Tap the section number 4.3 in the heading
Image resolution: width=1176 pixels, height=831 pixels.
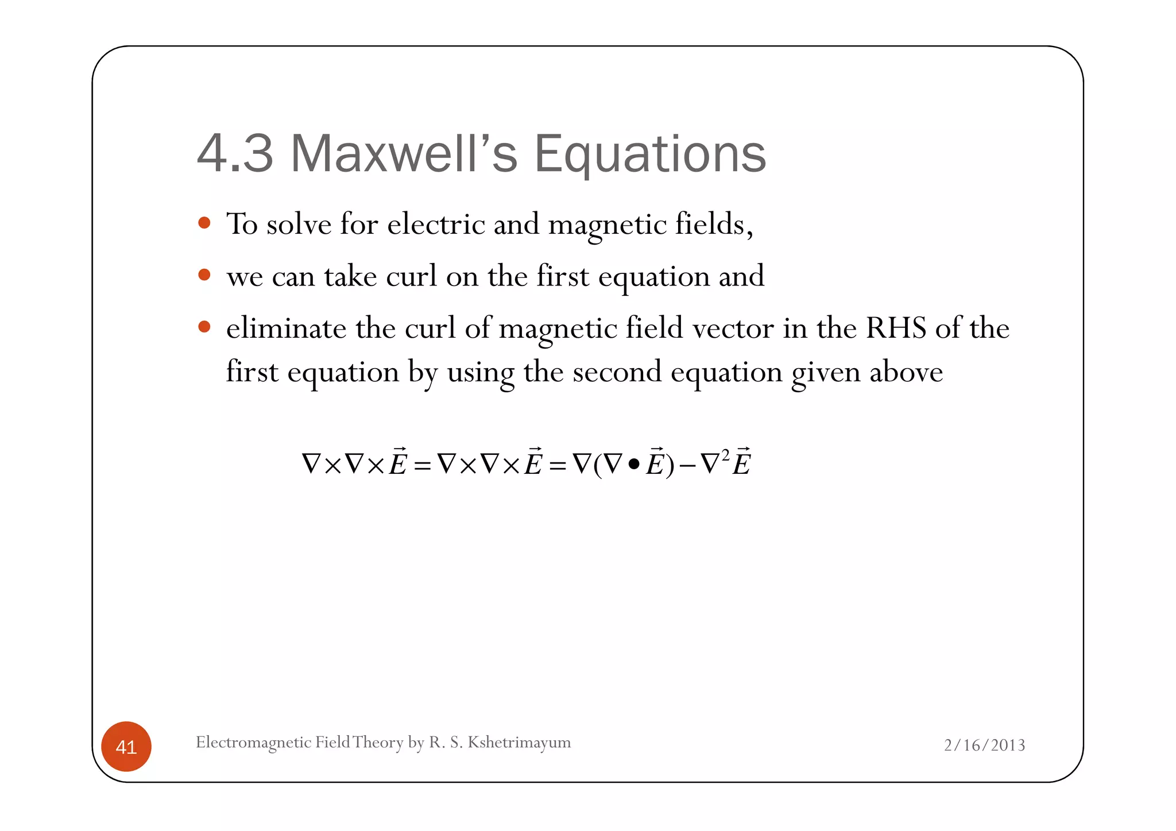pos(235,154)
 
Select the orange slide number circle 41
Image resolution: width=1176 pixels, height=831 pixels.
pos(126,747)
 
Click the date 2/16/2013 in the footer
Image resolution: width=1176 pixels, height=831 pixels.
pos(984,745)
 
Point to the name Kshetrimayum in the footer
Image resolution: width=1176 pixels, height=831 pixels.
pos(519,743)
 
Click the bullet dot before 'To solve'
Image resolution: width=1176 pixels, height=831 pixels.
pos(204,223)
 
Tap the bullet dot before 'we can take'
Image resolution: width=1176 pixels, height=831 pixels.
pos(204,275)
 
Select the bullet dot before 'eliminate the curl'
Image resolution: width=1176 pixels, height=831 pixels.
pos(204,327)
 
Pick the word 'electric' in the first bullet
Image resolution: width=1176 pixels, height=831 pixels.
pos(436,224)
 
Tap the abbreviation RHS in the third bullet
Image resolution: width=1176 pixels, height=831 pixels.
pos(896,328)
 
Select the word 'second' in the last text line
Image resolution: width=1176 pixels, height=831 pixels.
pos(617,372)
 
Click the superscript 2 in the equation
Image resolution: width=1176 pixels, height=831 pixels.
pos(725,455)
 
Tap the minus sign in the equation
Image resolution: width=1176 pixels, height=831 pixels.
pos(687,466)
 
